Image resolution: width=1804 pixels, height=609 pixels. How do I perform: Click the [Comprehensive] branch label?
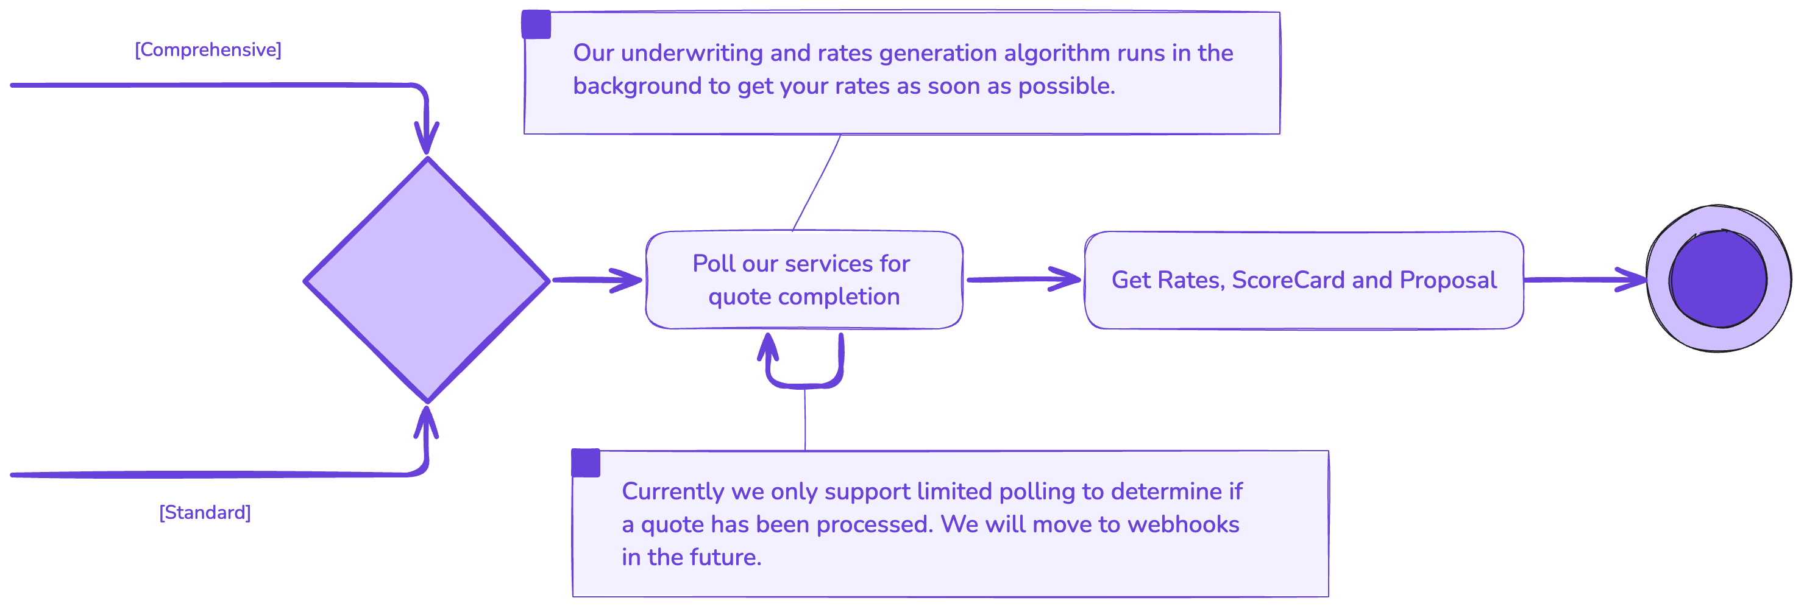click(208, 50)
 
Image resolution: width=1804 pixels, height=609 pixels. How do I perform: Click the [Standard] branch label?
click(205, 512)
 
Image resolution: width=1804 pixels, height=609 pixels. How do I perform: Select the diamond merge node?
click(427, 280)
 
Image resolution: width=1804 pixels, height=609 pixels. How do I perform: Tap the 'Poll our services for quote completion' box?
click(803, 280)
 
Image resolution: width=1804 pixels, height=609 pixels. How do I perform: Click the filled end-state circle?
click(1718, 278)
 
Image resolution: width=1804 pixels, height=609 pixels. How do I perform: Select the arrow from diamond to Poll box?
click(595, 280)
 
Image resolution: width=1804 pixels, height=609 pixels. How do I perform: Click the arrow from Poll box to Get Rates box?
click(1023, 280)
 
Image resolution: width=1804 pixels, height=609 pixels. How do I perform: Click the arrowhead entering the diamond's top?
click(427, 136)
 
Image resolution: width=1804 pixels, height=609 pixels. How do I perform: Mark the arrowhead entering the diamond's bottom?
click(426, 422)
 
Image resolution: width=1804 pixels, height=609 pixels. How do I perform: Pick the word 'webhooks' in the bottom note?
click(1183, 524)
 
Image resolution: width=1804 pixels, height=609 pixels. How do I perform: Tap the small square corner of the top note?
click(536, 24)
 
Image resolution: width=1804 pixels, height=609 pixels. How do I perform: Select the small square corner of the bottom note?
click(586, 463)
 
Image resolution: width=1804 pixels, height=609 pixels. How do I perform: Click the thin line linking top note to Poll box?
click(817, 182)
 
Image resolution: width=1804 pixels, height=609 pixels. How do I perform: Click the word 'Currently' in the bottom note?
click(672, 491)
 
